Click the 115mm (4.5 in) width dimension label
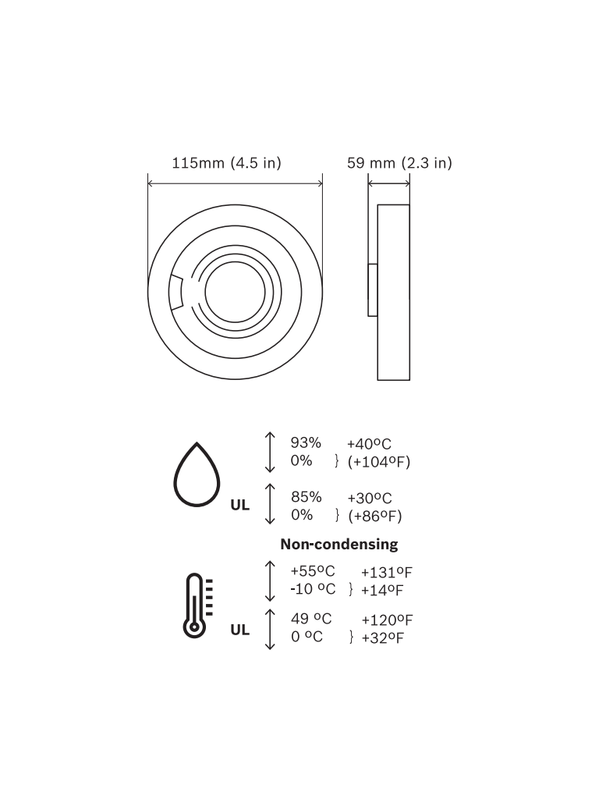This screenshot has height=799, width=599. [227, 163]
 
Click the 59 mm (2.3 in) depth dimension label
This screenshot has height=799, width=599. [399, 163]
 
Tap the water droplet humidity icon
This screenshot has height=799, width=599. [197, 474]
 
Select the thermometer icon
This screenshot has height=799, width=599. [197, 605]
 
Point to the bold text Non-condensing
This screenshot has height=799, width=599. [339, 544]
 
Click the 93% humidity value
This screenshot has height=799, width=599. [306, 443]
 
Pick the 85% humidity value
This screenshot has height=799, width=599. [306, 497]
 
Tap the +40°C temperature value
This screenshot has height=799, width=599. [369, 444]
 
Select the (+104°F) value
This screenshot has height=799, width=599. [379, 462]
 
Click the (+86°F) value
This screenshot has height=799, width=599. [375, 517]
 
